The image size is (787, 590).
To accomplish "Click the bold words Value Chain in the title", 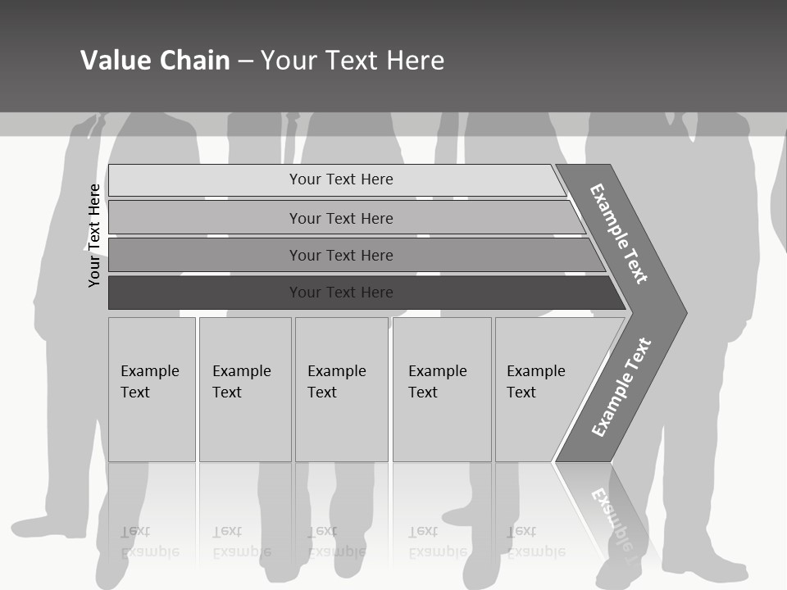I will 155,61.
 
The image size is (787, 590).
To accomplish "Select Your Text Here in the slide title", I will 353,61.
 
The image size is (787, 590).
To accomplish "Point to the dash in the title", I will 245,61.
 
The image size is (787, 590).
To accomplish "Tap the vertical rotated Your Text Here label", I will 95,235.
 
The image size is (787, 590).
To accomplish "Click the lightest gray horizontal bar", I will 205,179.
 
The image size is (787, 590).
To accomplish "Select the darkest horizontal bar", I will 205,293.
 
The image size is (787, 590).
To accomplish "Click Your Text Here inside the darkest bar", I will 341,293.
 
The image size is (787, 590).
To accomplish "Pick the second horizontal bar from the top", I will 205,218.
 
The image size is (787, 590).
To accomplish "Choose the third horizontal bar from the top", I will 205,255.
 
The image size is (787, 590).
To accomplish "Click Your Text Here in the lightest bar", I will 341,179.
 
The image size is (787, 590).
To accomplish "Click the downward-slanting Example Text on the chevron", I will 619,234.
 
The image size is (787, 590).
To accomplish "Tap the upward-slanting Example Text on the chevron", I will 621,388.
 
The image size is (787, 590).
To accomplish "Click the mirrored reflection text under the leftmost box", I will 149,541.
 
